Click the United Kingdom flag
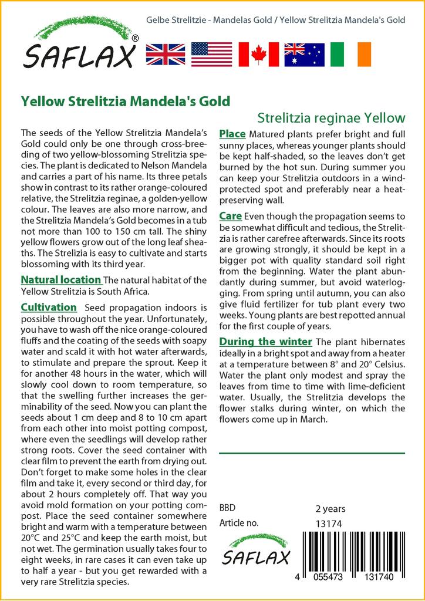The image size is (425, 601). (x=165, y=54)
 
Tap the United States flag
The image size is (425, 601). (x=211, y=54)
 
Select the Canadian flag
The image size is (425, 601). (x=258, y=54)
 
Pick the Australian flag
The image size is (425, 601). (x=304, y=54)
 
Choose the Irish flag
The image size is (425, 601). (x=351, y=54)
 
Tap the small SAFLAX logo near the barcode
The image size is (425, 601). (x=256, y=550)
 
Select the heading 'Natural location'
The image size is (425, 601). (x=60, y=279)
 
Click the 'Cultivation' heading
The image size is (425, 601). (x=48, y=307)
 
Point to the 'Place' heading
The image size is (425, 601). (x=232, y=134)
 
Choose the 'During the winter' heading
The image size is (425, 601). (x=265, y=342)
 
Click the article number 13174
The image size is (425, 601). (x=329, y=523)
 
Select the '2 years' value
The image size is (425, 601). (x=330, y=508)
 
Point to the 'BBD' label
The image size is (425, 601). (x=227, y=508)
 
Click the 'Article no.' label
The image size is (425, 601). (x=238, y=523)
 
